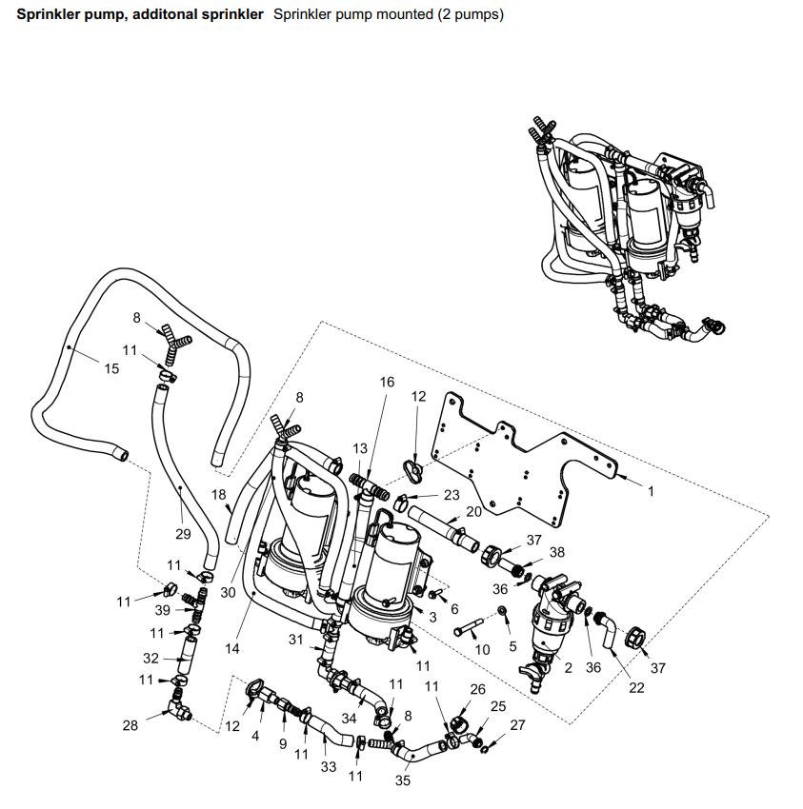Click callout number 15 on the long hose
(x=111, y=368)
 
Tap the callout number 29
(x=182, y=534)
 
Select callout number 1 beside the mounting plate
(x=651, y=491)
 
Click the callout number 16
(x=387, y=382)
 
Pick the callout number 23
(x=452, y=495)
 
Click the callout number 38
(x=557, y=552)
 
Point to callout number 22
(x=636, y=687)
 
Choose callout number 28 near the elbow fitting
(x=130, y=725)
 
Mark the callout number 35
(x=402, y=780)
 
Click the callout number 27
(x=517, y=725)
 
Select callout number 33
(x=328, y=766)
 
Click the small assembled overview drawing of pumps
(x=624, y=228)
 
